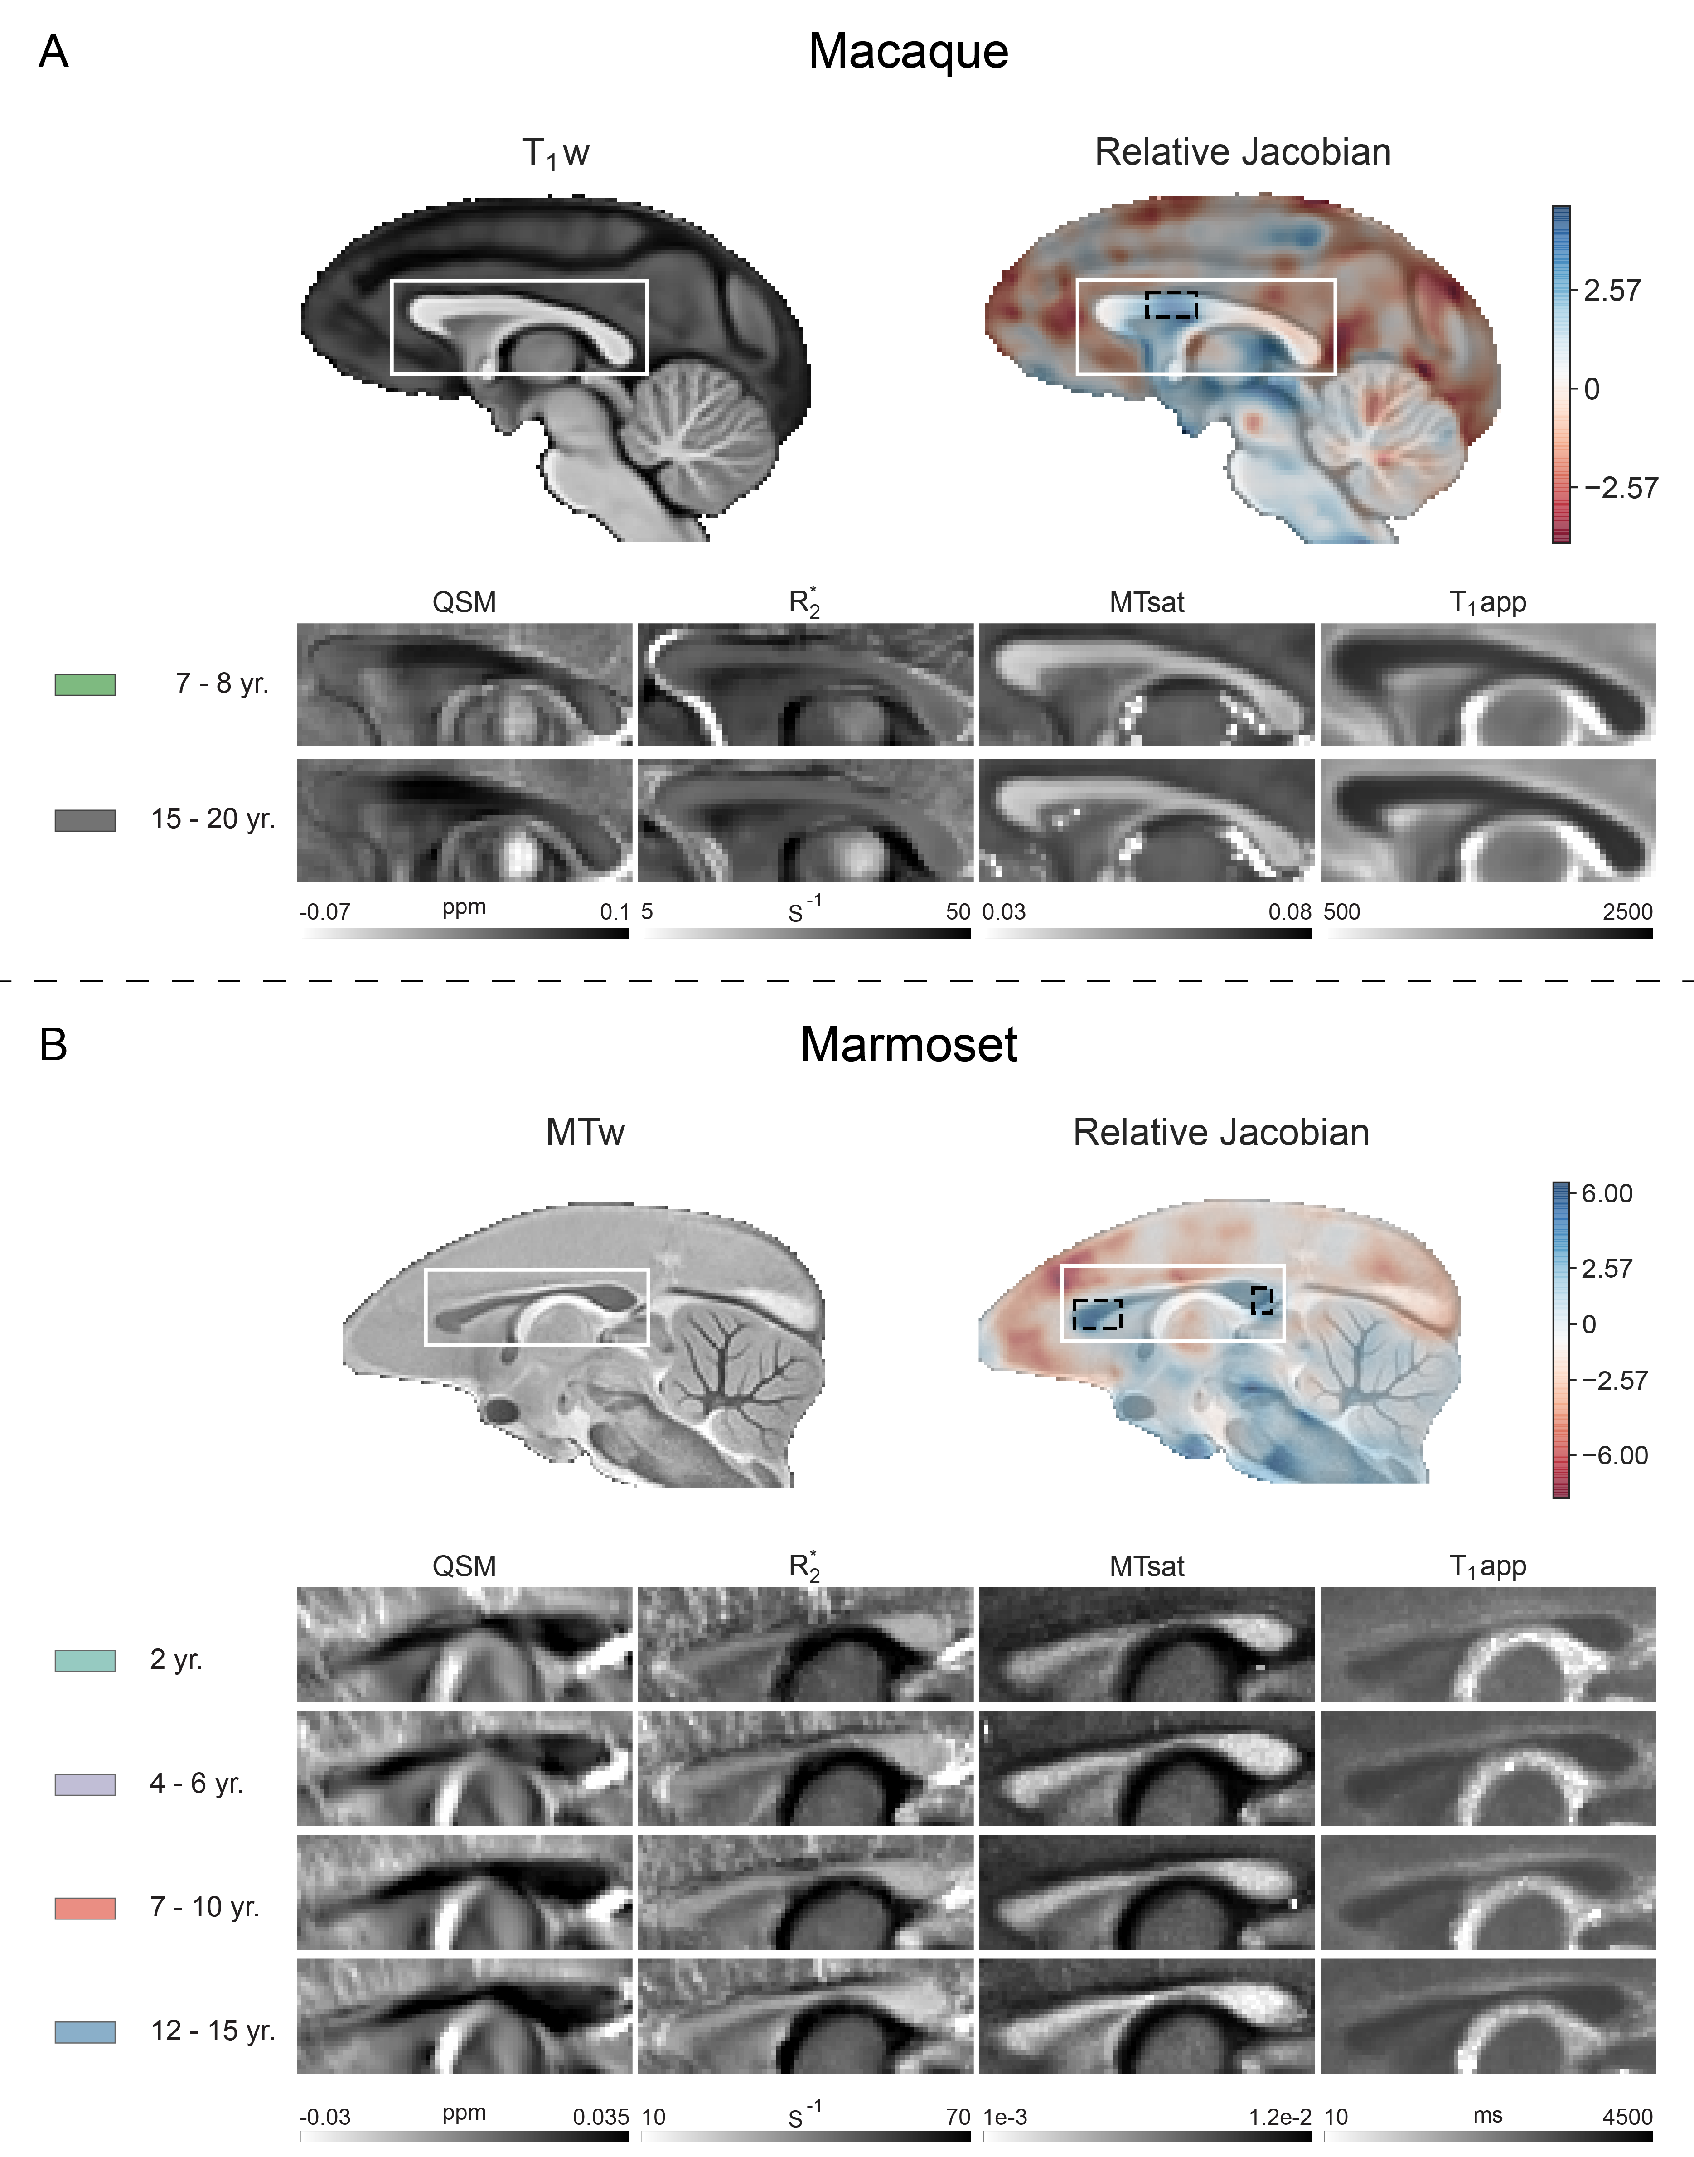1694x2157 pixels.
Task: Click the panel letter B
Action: pos(53,1044)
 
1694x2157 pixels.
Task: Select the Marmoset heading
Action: pos(909,1044)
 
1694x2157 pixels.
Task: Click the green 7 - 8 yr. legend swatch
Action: pos(85,684)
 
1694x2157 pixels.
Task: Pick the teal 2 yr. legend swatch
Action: pos(85,1660)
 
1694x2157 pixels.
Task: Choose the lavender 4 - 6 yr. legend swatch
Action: pos(85,1784)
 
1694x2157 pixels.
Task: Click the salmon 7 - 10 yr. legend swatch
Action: pos(85,1908)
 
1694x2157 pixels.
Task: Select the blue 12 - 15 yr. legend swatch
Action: pos(85,2032)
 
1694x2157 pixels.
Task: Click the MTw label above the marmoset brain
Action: pos(585,1133)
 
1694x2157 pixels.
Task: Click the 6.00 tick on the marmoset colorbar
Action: pos(1607,1193)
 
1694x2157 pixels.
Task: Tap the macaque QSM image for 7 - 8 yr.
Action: pos(464,684)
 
